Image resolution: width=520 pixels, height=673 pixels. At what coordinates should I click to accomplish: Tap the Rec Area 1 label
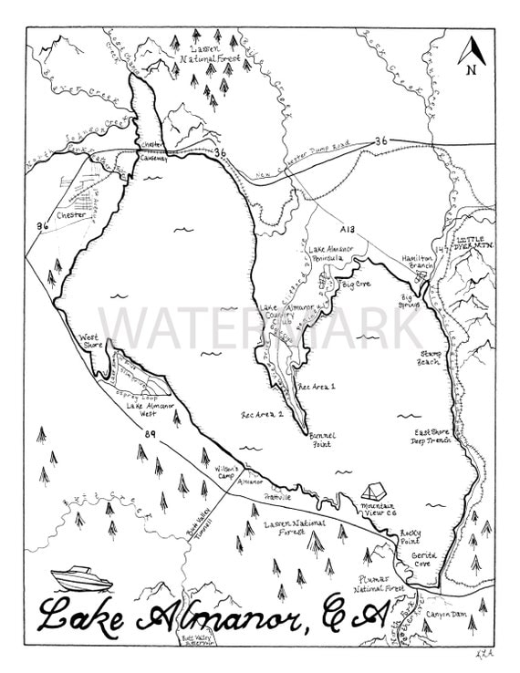[x=317, y=387]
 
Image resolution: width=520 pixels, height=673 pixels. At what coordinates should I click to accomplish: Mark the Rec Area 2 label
[x=262, y=413]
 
